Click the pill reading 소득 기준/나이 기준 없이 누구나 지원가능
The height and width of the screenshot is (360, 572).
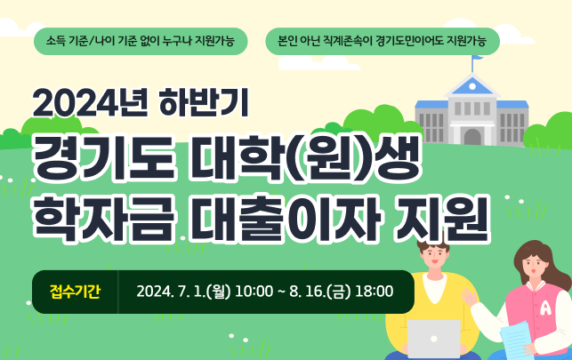[x=140, y=41]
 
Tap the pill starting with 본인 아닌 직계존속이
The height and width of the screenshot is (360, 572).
[x=383, y=41]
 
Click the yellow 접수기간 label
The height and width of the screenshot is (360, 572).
[x=75, y=292]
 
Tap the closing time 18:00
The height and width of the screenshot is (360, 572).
[x=374, y=292]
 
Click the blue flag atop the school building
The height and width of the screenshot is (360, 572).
[x=479, y=59]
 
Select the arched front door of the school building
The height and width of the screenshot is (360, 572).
[x=472, y=136]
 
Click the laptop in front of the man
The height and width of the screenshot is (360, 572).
[x=433, y=339]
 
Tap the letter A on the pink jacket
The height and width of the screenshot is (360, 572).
[x=544, y=308]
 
